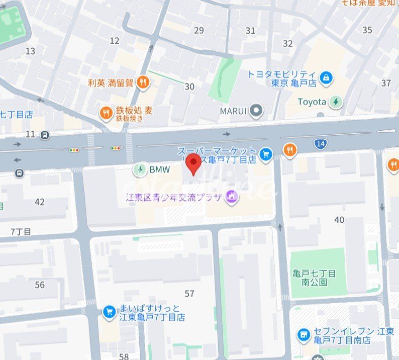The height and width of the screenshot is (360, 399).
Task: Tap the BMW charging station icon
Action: point(140,170)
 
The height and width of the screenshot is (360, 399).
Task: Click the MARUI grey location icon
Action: point(257,111)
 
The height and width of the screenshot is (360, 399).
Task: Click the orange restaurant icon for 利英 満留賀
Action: point(143,83)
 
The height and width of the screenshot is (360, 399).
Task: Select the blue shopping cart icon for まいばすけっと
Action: point(109,312)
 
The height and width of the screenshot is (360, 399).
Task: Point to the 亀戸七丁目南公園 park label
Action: point(314,278)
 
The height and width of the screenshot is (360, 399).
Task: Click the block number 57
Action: point(189,293)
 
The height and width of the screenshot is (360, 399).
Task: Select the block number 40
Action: point(339,220)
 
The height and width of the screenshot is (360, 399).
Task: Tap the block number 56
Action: point(40,285)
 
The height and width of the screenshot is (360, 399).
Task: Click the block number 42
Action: point(40,202)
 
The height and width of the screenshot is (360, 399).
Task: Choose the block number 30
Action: point(189,86)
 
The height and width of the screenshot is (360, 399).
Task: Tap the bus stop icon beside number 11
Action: point(45,135)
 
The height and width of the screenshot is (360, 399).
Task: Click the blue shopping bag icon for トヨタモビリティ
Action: point(326,78)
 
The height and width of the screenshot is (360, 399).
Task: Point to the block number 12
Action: point(115,41)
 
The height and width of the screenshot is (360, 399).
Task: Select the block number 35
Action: point(367,30)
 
